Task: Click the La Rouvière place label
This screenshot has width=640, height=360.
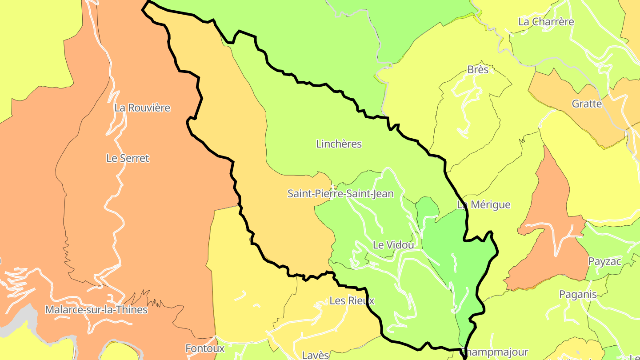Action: (142, 108)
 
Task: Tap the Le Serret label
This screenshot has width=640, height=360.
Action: (128, 158)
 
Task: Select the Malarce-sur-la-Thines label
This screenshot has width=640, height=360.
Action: (96, 310)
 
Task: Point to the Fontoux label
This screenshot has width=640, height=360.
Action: (205, 348)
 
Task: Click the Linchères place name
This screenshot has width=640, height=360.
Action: (339, 144)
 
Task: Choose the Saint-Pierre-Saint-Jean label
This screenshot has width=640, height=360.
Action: (340, 194)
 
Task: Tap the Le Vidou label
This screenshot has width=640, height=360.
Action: (393, 245)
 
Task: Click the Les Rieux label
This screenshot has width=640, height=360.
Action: (352, 301)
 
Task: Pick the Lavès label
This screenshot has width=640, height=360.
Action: (316, 355)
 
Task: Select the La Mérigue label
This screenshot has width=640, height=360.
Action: (484, 205)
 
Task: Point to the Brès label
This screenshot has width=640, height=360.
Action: (478, 70)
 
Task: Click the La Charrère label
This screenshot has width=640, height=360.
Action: (546, 22)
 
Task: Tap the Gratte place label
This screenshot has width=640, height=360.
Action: (587, 104)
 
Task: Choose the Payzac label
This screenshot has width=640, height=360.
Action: (604, 261)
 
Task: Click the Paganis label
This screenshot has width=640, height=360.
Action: (578, 294)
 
